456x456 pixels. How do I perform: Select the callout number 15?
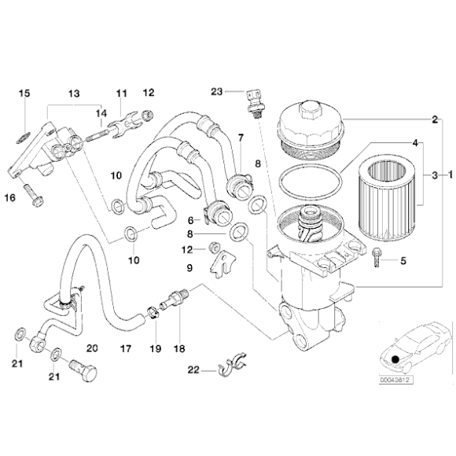[x=24, y=94]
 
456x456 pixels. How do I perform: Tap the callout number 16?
[x=13, y=197]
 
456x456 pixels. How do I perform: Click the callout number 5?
[x=403, y=261]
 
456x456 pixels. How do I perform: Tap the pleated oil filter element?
[x=388, y=197]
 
